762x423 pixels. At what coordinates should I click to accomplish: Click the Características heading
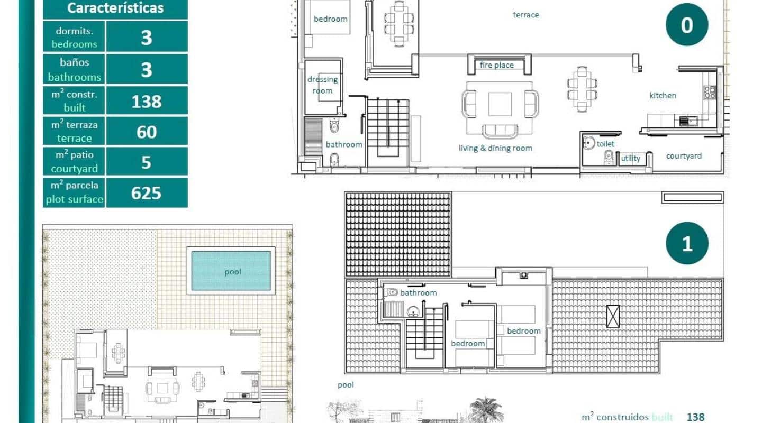click(115, 8)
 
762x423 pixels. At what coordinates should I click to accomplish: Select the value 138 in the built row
click(147, 100)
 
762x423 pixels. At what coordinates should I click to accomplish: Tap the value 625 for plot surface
click(147, 193)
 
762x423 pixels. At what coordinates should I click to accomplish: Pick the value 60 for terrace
click(147, 131)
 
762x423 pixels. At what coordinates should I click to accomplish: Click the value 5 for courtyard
click(147, 162)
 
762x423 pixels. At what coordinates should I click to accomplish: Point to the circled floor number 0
click(686, 24)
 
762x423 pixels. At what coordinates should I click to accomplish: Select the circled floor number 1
click(687, 243)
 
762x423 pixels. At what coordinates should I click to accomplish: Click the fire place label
click(496, 65)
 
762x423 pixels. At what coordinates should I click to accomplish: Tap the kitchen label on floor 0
click(663, 96)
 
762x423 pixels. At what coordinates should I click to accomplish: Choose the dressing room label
click(322, 85)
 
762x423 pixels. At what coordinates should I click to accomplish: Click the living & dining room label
click(495, 148)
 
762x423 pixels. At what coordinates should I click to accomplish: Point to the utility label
click(630, 158)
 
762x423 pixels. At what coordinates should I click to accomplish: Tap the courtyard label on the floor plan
click(684, 156)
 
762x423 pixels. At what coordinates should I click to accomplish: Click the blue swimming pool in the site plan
click(231, 271)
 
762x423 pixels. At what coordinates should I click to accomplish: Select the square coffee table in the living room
click(500, 104)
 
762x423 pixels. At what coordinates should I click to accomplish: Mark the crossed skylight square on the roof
click(613, 316)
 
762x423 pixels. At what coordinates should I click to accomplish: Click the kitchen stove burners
click(710, 93)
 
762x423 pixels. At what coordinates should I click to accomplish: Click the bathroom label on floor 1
click(418, 293)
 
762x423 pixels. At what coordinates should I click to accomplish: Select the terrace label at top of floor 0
click(525, 15)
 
